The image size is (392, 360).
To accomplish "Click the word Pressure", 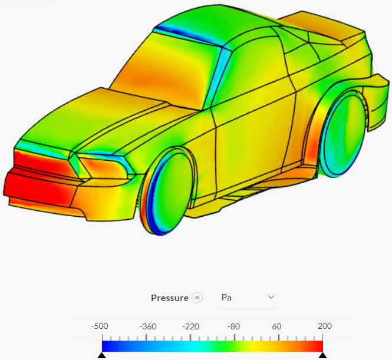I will [170, 298].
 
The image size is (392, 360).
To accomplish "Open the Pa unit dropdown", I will [248, 298].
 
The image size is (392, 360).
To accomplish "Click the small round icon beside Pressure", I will [197, 298].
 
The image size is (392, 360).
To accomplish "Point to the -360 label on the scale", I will [146, 326].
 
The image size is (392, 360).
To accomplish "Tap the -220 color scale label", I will [190, 326].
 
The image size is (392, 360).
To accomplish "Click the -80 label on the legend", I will [234, 326].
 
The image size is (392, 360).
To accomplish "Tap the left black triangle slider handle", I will [101, 356].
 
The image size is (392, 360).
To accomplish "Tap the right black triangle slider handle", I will [322, 356].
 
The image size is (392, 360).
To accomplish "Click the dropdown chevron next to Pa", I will [271, 297].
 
